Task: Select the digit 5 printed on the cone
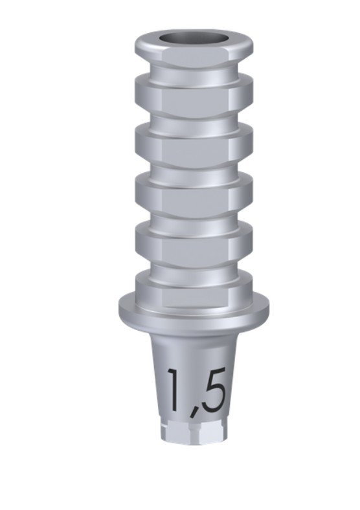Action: pyautogui.click(x=213, y=389)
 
